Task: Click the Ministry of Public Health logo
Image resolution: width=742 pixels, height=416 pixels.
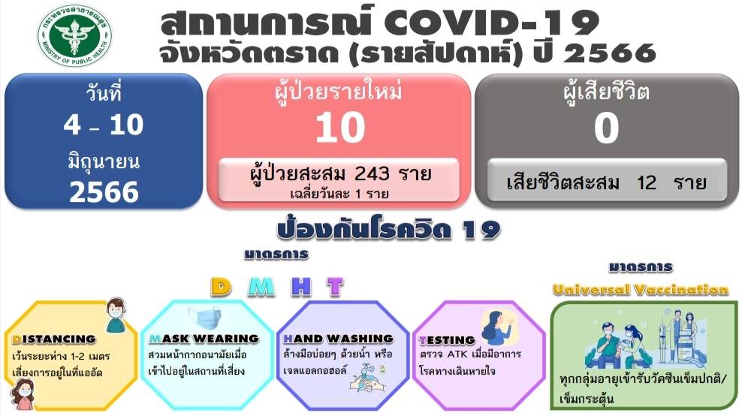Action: coord(75,35)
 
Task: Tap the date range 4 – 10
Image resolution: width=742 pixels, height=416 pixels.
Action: coord(103,125)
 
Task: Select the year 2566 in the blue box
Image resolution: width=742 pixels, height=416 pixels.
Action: coord(104,192)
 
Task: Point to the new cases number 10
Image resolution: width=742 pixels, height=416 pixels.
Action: coord(340,128)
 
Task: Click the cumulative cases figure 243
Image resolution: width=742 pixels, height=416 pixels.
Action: coord(372,173)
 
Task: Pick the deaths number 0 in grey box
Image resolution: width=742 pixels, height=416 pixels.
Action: coord(606,128)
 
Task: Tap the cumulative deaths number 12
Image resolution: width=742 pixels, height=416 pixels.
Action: coord(647,182)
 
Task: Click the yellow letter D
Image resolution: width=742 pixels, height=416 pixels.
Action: coord(221,286)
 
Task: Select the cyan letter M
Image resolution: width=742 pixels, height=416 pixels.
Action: coord(261,286)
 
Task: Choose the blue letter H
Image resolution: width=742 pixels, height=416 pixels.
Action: coord(301,286)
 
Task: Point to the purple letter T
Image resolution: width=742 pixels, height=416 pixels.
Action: coord(335,286)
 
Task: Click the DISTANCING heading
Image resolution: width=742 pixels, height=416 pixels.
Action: coord(54,339)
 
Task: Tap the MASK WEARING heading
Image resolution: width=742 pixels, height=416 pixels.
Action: coord(204,339)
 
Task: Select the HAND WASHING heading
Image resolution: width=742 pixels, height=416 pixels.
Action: coord(339,339)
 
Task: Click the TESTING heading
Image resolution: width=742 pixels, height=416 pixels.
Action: coord(447,340)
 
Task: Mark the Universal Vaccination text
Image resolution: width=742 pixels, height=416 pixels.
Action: coord(641,289)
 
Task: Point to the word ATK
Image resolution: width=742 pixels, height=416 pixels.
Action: coord(457,354)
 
